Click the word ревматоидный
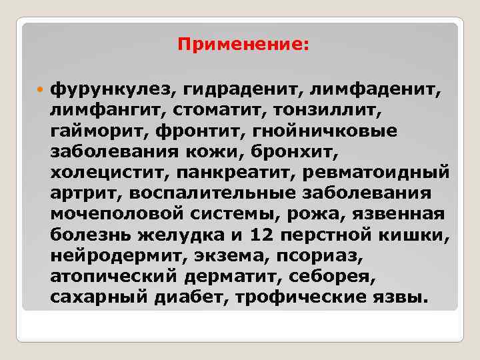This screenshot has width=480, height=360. pyautogui.click(x=377, y=174)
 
